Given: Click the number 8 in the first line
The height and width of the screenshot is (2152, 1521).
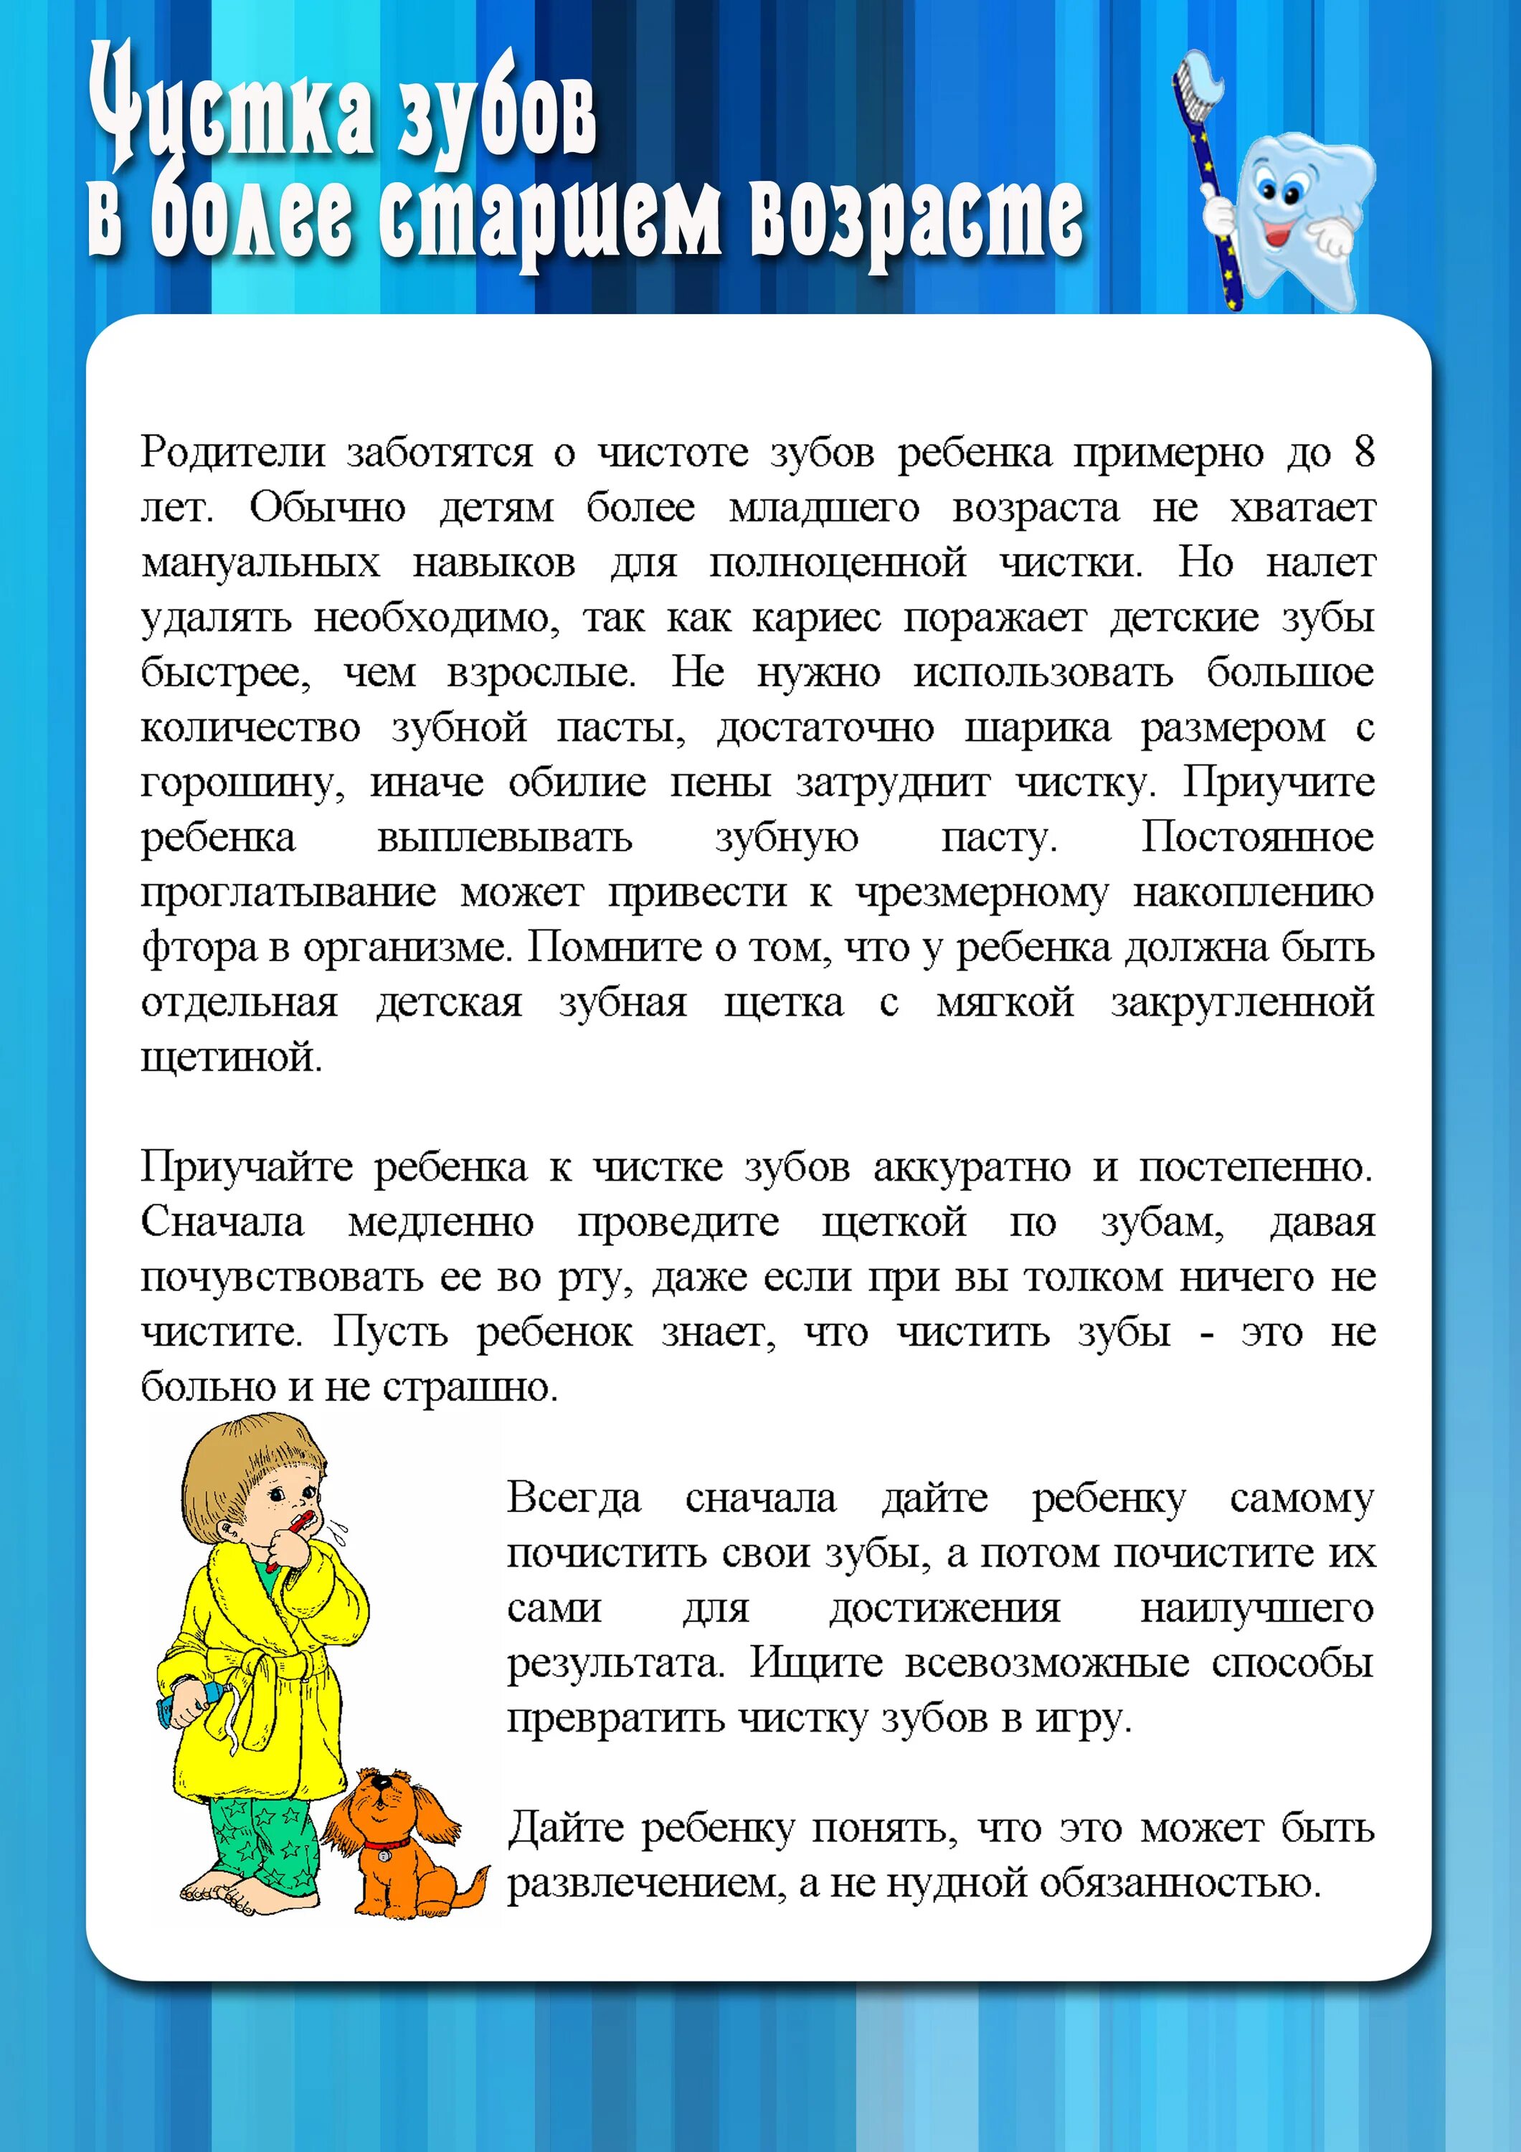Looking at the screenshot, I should pyautogui.click(x=1363, y=452).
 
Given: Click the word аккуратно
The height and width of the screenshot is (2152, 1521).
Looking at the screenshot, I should pyautogui.click(x=971, y=1169).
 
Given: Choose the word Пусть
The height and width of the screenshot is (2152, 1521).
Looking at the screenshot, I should pyautogui.click(x=391, y=1333).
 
